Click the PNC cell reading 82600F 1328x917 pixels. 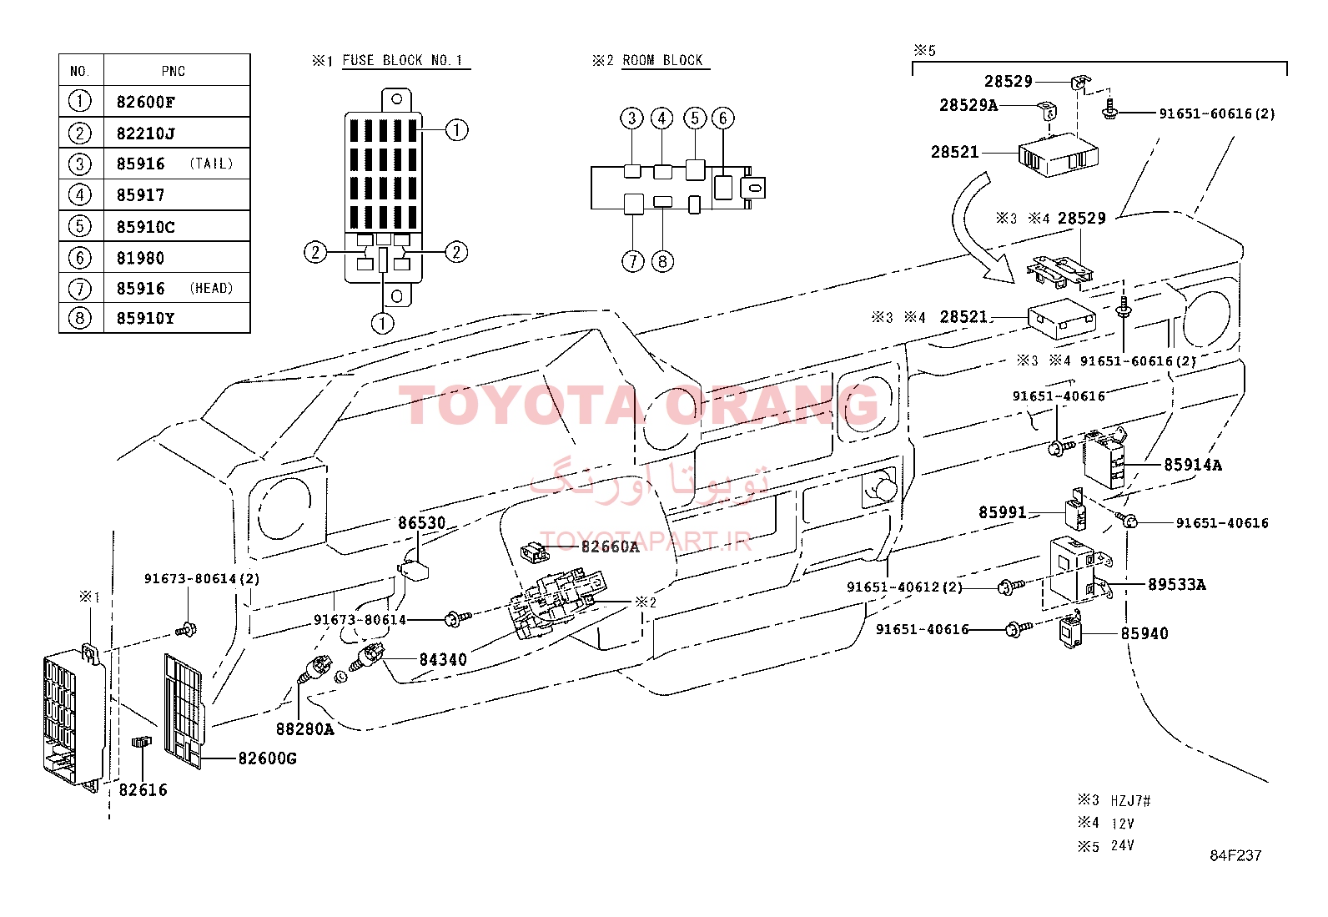pyautogui.click(x=177, y=102)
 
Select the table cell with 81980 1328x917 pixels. pyautogui.click(x=177, y=258)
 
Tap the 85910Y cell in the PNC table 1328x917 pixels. pyautogui.click(x=177, y=318)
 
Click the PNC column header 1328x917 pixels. pyautogui.click(x=174, y=71)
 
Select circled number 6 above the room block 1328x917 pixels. pyautogui.click(x=722, y=118)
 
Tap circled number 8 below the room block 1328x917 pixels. pyautogui.click(x=662, y=261)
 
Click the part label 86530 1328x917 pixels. pyautogui.click(x=421, y=522)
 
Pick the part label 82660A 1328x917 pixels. pyautogui.click(x=610, y=547)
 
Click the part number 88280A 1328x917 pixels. pyautogui.click(x=304, y=729)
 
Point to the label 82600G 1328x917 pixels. pyautogui.click(x=268, y=758)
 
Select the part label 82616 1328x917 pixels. pyautogui.click(x=143, y=790)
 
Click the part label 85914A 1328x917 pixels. pyautogui.click(x=1193, y=465)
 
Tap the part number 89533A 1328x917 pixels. pyautogui.click(x=1177, y=584)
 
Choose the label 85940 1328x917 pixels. pyautogui.click(x=1144, y=633)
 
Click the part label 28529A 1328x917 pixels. pyautogui.click(x=968, y=105)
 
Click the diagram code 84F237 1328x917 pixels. pyautogui.click(x=1235, y=855)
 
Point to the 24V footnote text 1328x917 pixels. pyautogui.click(x=1122, y=845)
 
